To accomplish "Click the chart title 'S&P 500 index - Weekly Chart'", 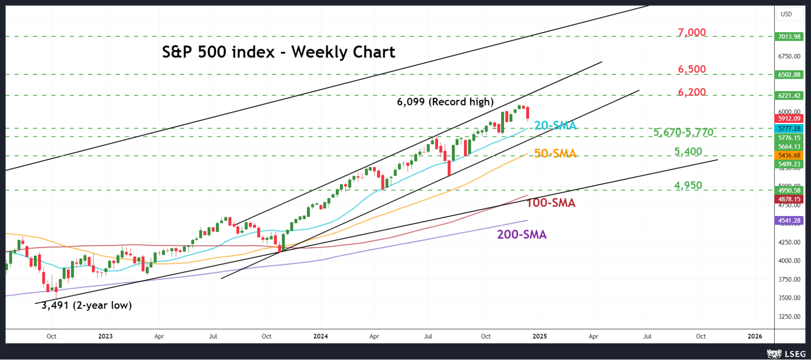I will coord(279,52).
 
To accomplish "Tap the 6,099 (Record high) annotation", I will coord(445,102).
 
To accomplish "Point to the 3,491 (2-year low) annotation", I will coord(86,305).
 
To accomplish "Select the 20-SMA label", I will coord(555,125).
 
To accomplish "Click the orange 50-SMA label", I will coord(555,153).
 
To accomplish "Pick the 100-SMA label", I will coord(551,203).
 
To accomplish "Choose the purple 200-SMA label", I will coord(521,235).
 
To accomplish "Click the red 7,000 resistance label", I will coord(692,33).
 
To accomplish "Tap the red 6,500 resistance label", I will coord(692,69).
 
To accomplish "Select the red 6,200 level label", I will coord(692,92).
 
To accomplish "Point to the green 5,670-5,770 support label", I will coord(683,133).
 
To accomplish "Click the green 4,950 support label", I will coord(688,186).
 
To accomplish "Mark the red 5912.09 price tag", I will coord(789,119).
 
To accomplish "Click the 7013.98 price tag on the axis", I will coord(789,37).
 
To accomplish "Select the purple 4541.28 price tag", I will coord(789,221).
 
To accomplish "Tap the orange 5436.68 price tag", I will coord(789,155).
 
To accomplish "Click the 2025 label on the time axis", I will coord(540,336).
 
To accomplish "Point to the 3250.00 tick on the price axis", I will coord(789,317).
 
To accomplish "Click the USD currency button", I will coord(786,14).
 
